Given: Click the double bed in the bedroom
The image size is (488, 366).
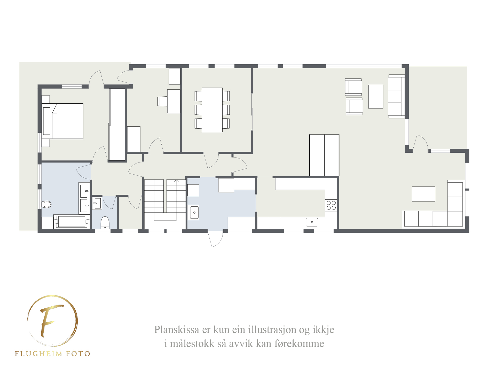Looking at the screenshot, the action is tap(62, 121).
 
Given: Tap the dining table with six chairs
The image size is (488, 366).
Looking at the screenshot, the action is tap(212, 110).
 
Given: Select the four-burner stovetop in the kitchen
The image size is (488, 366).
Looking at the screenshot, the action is tap(331, 205).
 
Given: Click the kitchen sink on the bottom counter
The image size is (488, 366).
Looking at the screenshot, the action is tap(312, 222).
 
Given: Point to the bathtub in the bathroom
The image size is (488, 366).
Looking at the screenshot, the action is tap(72, 222).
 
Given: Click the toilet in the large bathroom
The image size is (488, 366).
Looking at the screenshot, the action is tap(46, 204).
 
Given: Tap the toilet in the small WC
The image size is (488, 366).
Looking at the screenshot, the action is tap(105, 223).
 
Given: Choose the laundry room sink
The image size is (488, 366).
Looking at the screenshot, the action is tap(194, 213).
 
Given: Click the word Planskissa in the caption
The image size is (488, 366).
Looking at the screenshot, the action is tap(177, 330).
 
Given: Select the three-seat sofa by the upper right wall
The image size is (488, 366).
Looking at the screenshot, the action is tap(396, 97).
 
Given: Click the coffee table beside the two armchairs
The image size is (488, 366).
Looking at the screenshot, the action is tap(376, 97).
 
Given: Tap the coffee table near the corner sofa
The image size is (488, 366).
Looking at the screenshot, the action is tap(423, 194).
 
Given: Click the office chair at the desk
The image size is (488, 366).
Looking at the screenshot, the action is tap(163, 101).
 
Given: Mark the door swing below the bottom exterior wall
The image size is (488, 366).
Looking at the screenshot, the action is tap(216, 238).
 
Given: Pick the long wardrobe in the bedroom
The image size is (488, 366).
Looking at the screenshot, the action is tap(117, 124).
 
